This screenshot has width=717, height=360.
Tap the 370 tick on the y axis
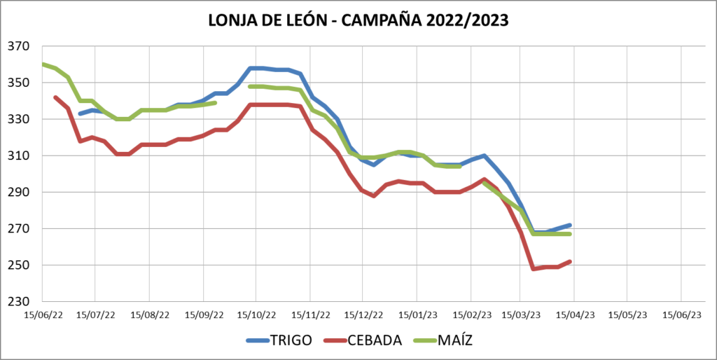pos(20,47)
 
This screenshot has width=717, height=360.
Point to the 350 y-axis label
pos(20,83)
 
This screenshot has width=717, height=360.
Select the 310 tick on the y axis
pos(20,156)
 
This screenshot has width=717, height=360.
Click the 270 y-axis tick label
pos(20,229)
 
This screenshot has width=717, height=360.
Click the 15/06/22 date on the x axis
pos(43,316)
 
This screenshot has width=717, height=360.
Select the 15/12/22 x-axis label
pos(363,316)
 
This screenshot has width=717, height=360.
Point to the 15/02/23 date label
pos(470,316)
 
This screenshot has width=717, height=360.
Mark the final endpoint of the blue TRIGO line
pos(570,225)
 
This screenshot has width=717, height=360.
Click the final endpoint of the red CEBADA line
pos(570,261)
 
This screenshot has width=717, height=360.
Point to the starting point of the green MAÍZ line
pos(43,64)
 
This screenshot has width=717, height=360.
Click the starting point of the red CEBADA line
pos(55,97)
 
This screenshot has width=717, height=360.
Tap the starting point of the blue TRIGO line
pos(80,113)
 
